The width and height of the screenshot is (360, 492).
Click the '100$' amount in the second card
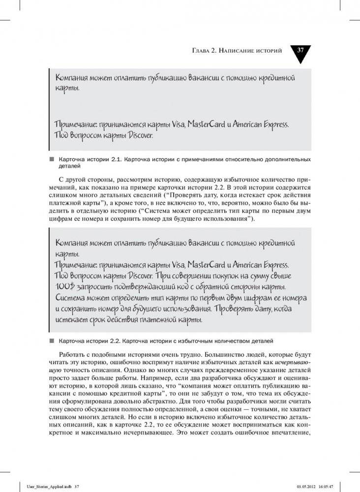click(62, 287)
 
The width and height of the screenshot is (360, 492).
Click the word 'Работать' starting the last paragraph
click(73, 355)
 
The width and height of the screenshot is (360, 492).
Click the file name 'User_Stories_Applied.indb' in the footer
click(43, 486)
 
